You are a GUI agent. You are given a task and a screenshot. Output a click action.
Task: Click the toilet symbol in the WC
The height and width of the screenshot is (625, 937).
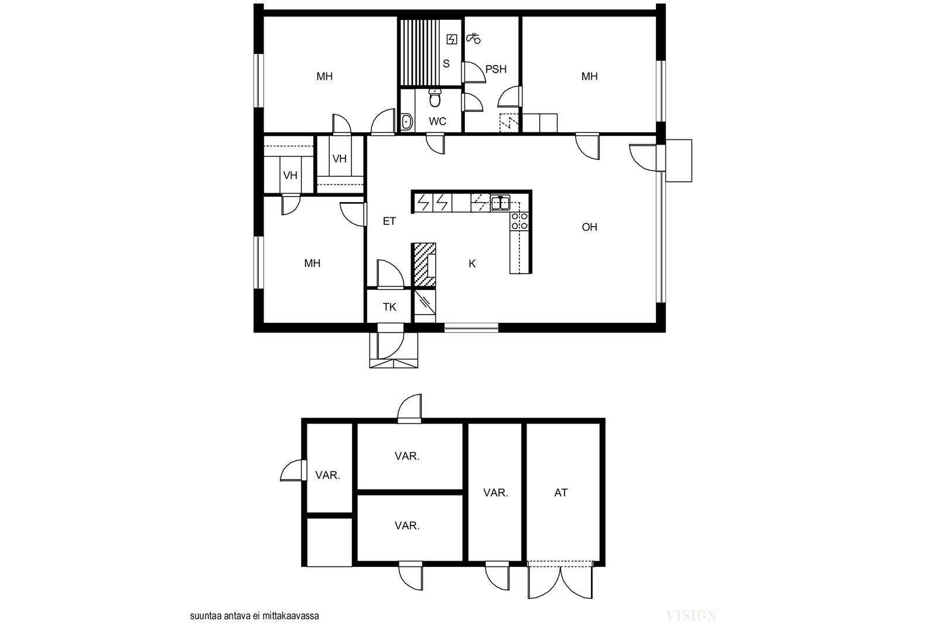435,98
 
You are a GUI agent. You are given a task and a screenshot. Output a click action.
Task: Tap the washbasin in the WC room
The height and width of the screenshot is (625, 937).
406,122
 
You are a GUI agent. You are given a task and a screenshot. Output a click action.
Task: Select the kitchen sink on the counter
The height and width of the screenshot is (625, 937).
500,203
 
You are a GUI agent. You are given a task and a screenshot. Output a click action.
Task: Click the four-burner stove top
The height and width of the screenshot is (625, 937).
519,221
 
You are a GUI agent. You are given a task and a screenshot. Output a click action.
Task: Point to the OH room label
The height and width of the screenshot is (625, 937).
589,227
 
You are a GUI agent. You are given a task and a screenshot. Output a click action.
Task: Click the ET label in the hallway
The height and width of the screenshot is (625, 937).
389,221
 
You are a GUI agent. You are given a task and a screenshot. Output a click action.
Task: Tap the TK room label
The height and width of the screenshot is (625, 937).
389,307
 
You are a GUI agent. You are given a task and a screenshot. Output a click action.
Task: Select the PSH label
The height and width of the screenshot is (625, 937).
495,69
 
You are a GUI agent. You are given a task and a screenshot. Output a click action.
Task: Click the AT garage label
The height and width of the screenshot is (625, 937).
560,493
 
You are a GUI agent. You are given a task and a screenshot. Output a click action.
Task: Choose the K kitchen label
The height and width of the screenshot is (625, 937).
472,264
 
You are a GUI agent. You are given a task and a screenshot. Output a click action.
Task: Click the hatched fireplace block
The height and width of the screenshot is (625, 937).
425,265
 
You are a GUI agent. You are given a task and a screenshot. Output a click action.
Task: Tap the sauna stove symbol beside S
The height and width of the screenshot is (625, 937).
452,39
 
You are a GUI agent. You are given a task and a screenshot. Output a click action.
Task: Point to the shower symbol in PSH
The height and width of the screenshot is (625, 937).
474,38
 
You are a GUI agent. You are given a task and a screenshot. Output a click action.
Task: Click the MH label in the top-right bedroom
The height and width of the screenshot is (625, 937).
589,77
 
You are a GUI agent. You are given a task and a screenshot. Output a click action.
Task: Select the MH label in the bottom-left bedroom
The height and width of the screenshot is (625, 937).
312,263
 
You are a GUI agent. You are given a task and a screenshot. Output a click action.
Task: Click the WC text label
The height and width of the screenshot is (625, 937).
437,121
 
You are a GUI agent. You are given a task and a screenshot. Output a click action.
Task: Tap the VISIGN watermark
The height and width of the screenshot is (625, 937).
692,616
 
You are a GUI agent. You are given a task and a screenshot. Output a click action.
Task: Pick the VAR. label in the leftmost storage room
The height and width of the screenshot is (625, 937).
327,475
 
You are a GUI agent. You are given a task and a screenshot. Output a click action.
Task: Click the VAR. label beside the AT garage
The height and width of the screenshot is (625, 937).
495,493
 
